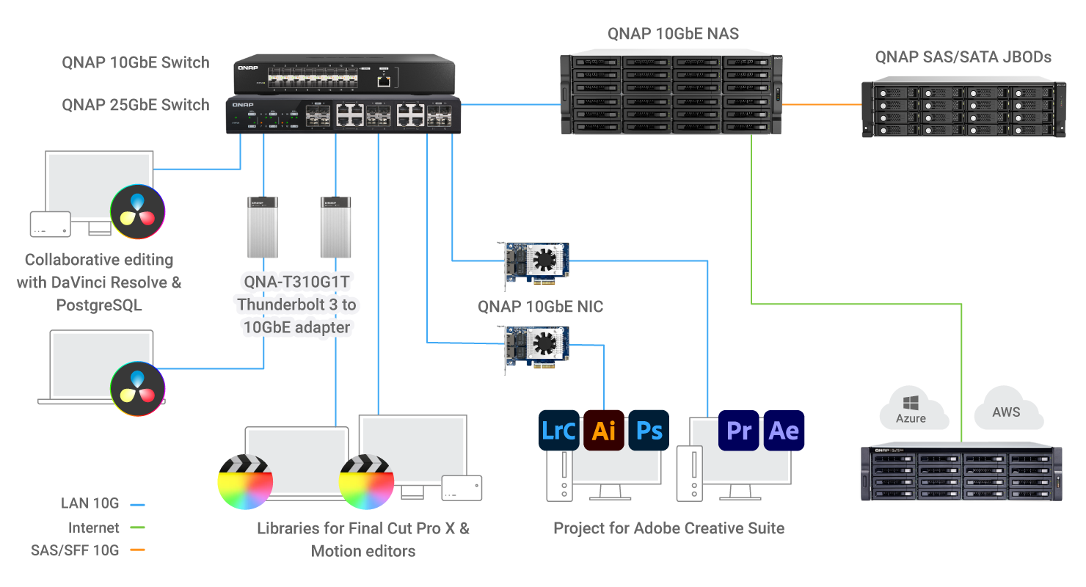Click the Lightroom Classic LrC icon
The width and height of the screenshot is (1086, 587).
[558, 430]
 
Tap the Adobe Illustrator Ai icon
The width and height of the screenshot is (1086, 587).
[604, 430]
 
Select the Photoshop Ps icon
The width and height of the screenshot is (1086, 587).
[649, 430]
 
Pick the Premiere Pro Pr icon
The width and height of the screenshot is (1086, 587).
[739, 430]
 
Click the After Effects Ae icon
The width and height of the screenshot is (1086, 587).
[784, 430]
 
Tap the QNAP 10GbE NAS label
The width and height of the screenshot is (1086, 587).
[673, 34]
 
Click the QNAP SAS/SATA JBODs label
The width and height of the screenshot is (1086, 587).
[963, 57]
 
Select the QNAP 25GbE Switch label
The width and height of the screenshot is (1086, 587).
[136, 105]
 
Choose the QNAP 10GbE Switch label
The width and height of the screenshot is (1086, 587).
[136, 62]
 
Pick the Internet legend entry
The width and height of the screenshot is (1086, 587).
[94, 528]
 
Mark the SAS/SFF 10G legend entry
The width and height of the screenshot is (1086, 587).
[75, 550]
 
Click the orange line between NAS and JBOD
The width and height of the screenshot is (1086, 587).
[823, 105]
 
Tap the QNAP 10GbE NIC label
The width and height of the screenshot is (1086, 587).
[541, 307]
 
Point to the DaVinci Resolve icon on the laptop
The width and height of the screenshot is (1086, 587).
[137, 388]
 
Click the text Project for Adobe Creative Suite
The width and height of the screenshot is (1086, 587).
[668, 528]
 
